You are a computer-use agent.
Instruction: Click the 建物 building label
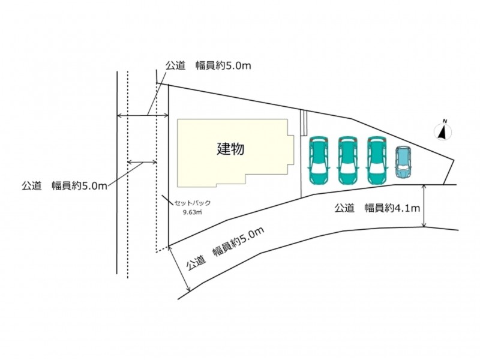pyautogui.click(x=230, y=149)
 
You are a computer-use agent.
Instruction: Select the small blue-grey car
pyautogui.click(x=403, y=162)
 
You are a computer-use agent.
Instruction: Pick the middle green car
pyautogui.click(x=347, y=160)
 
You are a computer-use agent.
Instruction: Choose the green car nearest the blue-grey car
pyautogui.click(x=377, y=160)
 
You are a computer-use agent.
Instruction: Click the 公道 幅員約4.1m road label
pyautogui.click(x=377, y=208)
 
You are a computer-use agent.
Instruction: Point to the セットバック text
pyautogui.click(x=193, y=203)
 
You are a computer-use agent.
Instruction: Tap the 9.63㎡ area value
pyautogui.click(x=192, y=212)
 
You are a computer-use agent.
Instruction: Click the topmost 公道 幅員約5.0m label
pyautogui.click(x=208, y=65)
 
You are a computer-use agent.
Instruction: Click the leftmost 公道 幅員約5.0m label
pyautogui.click(x=64, y=186)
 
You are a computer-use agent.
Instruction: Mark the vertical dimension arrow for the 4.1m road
pyautogui.click(x=424, y=206)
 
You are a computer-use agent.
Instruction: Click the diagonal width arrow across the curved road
pyautogui.click(x=179, y=268)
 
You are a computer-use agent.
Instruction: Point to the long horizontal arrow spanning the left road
pyautogui.click(x=143, y=115)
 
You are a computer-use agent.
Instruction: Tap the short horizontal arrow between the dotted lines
pyautogui.click(x=142, y=161)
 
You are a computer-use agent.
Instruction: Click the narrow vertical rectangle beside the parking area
pyautogui.click(x=304, y=122)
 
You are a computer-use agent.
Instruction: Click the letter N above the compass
pyautogui.click(x=445, y=121)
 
